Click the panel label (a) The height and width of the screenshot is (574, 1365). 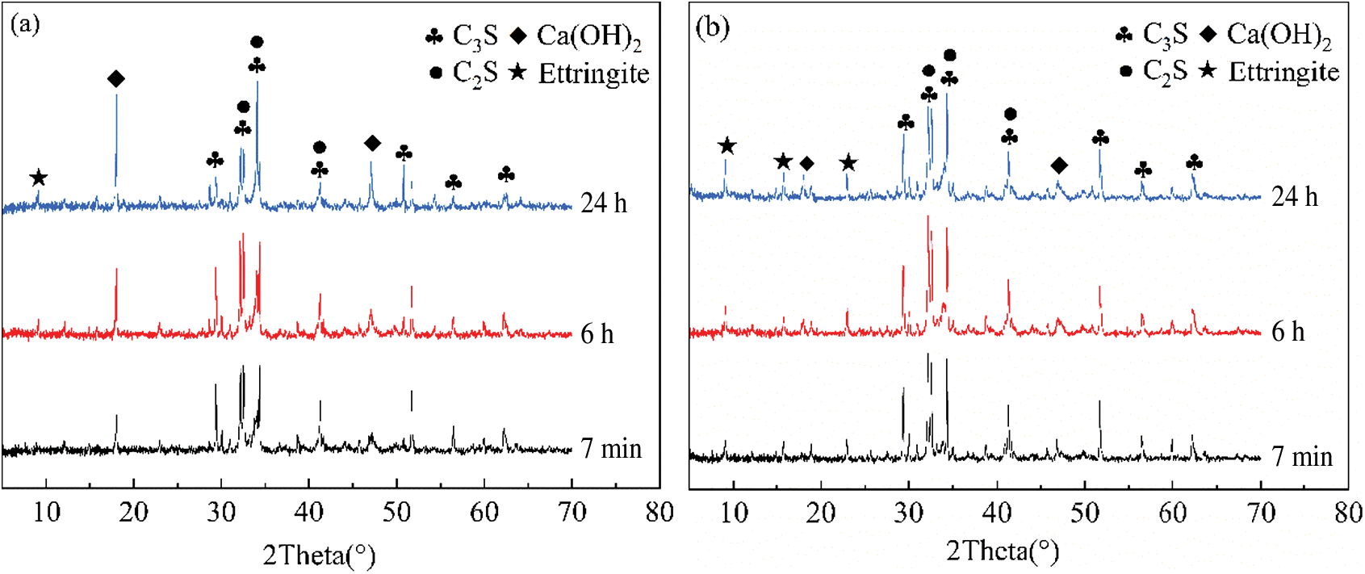pyautogui.click(x=25, y=24)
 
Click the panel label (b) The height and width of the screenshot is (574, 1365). pyautogui.click(x=712, y=27)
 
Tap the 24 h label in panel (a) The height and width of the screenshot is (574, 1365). pyautogui.click(x=604, y=203)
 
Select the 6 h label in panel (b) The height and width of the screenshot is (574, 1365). pyautogui.click(x=1288, y=331)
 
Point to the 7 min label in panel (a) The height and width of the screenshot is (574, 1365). pyautogui.click(x=611, y=448)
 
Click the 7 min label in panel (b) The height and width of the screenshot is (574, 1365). pyautogui.click(x=1302, y=456)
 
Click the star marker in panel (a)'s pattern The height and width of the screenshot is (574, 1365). pyautogui.click(x=38, y=178)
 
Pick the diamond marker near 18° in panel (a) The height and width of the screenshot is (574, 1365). pyautogui.click(x=116, y=78)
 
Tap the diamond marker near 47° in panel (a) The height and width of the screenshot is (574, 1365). pyautogui.click(x=372, y=144)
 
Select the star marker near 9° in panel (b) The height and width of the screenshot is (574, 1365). pyautogui.click(x=727, y=146)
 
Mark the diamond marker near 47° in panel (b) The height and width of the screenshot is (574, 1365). pyautogui.click(x=1059, y=165)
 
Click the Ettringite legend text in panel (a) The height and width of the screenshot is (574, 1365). pyautogui.click(x=593, y=73)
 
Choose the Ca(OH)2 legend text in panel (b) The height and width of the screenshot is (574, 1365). pyautogui.click(x=1279, y=35)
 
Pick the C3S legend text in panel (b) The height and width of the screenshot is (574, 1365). pyautogui.click(x=1165, y=34)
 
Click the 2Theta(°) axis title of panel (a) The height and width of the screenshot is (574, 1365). pyautogui.click(x=320, y=555)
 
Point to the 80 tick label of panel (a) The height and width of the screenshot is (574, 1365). pyautogui.click(x=659, y=512)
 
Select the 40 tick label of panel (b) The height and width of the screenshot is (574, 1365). pyautogui.click(x=997, y=512)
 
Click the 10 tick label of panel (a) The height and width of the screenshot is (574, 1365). pyautogui.click(x=47, y=512)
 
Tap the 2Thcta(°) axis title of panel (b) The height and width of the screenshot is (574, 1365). pyautogui.click(x=1003, y=551)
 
